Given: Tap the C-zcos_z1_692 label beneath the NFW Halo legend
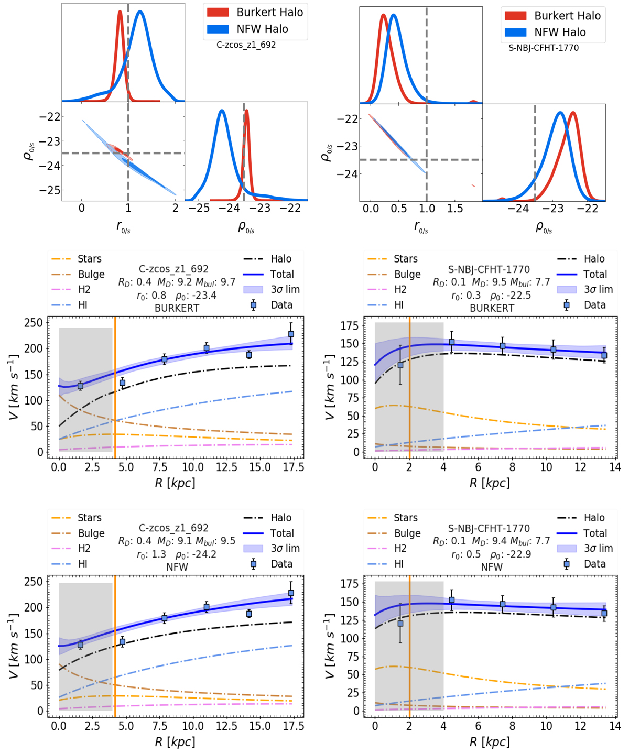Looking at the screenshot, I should [x=246, y=45].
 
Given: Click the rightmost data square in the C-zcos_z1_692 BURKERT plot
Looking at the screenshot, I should [x=291, y=334].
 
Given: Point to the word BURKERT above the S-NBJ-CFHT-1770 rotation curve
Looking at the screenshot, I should [x=492, y=308].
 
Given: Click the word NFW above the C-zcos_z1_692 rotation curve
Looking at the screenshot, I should [x=177, y=567].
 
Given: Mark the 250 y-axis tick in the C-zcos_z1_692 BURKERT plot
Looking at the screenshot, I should [x=32, y=322].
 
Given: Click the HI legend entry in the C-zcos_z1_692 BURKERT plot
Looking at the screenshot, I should [x=77, y=305].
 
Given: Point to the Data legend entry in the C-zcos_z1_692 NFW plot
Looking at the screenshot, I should [x=273, y=564].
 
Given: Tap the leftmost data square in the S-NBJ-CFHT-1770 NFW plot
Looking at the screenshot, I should [x=400, y=624].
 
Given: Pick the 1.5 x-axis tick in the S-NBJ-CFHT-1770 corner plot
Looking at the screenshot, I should [x=455, y=208].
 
